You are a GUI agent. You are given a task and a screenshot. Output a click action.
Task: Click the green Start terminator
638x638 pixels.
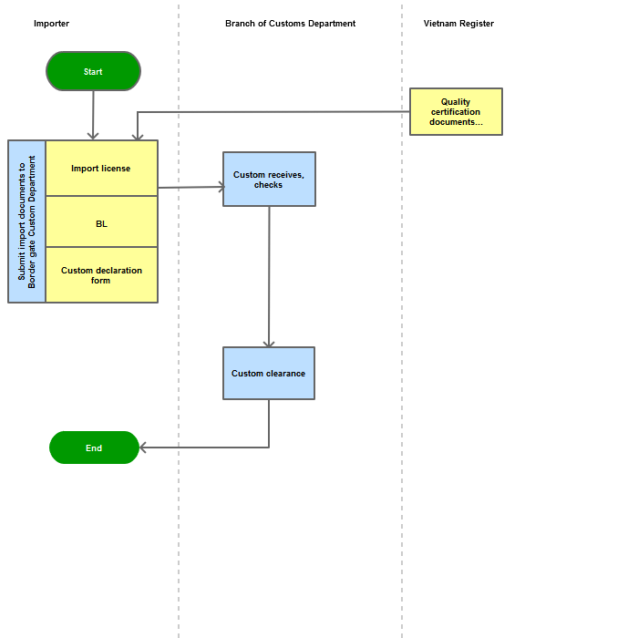[93, 71]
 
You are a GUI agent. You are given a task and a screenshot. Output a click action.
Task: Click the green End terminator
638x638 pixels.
[94, 448]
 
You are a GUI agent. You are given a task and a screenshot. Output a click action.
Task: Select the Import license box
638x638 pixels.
[102, 168]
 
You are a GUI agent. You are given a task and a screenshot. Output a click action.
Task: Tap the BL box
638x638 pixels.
[102, 221]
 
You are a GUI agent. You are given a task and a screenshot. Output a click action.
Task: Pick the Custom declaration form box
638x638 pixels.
[102, 274]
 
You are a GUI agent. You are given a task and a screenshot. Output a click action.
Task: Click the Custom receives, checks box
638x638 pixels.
[269, 179]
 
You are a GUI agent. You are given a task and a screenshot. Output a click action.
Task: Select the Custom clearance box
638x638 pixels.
[269, 373]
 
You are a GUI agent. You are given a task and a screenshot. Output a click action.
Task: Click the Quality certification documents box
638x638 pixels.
[456, 111]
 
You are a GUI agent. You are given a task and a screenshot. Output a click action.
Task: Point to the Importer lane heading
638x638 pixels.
[51, 24]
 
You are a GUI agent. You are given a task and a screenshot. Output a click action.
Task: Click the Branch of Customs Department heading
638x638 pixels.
[290, 24]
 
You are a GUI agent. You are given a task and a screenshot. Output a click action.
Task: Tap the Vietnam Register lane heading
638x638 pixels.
[458, 24]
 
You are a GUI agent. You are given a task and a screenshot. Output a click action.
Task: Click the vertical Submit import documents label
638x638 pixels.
[26, 221]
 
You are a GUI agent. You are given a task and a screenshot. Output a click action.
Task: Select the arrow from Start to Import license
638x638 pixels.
[93, 115]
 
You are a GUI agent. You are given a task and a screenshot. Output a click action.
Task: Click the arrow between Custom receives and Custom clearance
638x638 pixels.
[269, 277]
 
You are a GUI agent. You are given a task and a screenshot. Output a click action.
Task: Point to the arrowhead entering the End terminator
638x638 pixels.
[142, 448]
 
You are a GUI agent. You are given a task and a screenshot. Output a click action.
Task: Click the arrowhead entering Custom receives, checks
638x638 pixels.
[221, 187]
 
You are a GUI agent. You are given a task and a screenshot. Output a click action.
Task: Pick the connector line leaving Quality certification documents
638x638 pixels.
[273, 112]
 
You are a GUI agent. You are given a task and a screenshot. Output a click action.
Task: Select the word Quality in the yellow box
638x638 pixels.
[456, 102]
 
